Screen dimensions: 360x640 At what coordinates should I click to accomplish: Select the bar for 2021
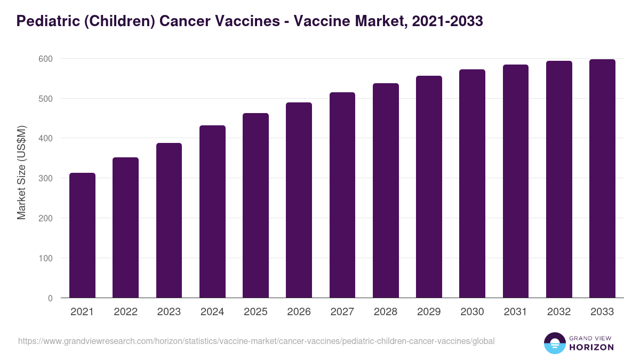pos(82,235)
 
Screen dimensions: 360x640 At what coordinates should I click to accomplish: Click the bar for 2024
pos(212,212)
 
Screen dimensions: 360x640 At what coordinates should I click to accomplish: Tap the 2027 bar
pos(342,195)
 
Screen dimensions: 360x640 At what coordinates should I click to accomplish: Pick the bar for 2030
pos(472,183)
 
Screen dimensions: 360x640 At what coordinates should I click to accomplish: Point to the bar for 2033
pos(602,179)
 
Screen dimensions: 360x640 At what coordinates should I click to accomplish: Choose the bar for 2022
pos(125,228)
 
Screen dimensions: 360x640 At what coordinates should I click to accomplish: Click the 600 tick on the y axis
pos(45,59)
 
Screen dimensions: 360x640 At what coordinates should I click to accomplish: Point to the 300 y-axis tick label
pos(45,178)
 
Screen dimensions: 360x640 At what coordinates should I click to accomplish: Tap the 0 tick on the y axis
pos(50,298)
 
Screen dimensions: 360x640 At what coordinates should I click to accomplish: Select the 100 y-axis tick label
pos(45,258)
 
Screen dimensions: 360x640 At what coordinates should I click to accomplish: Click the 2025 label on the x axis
pos(255,312)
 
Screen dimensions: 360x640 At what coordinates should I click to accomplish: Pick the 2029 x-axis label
pos(429,312)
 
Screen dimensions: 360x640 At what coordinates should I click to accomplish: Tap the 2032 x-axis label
pos(559,312)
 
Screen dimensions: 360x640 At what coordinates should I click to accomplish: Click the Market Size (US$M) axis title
pos(22,172)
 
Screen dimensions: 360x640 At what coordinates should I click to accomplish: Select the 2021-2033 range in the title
pos(447,21)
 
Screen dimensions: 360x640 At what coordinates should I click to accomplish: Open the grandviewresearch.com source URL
pos(257,341)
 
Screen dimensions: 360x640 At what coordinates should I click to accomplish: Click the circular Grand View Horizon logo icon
pos(555,343)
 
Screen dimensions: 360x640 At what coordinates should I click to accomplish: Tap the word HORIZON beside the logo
pos(591,347)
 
